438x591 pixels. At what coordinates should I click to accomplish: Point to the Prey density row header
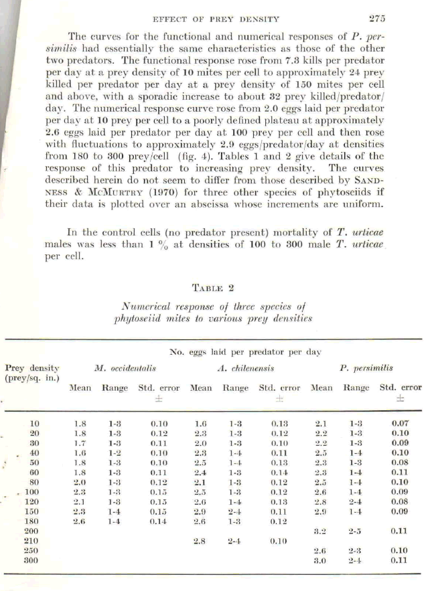pos(32,373)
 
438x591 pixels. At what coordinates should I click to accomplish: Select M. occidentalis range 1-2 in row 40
pos(115,453)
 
